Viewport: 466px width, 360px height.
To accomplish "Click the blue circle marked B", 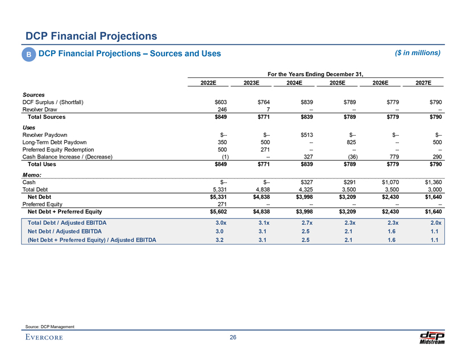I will [x=28, y=54].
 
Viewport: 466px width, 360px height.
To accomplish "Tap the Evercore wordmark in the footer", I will [x=44, y=338].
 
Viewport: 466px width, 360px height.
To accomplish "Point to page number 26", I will [x=233, y=338].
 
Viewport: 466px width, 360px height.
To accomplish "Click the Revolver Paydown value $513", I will [x=306, y=135].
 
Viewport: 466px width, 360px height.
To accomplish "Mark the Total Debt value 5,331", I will [x=220, y=190].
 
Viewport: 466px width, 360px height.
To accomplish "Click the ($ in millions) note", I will [x=418, y=53].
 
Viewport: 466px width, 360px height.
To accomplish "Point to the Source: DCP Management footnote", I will [x=50, y=325].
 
